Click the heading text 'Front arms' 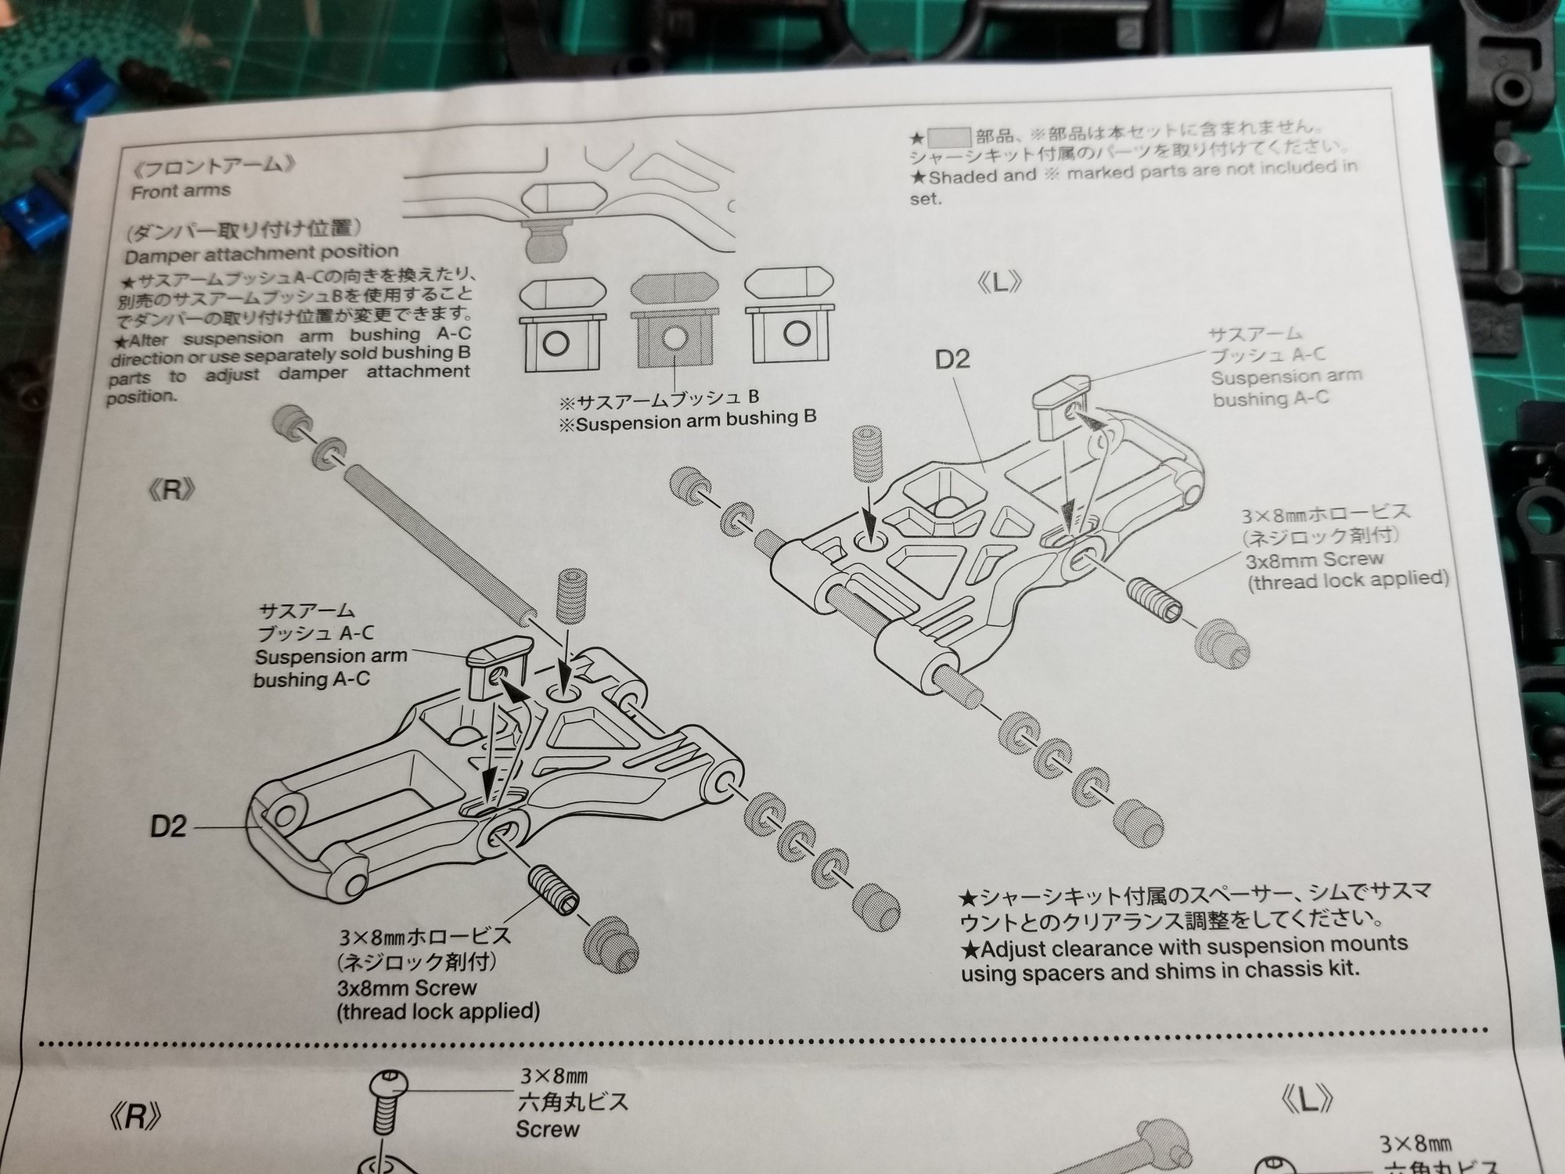click(181, 191)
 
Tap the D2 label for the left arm click(952, 359)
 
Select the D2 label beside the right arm click(169, 826)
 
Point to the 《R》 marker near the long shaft click(170, 491)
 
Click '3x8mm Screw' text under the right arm click(406, 987)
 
